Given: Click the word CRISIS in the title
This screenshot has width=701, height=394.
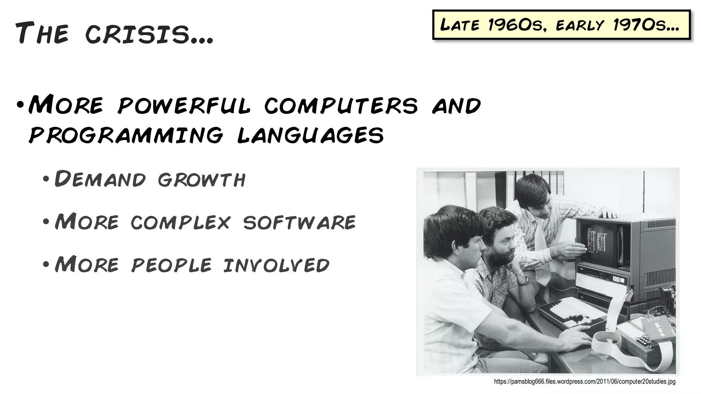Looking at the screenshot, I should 149,34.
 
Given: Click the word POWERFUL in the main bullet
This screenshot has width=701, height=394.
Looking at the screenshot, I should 184,105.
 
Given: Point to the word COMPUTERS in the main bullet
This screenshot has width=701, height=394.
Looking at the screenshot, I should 341,105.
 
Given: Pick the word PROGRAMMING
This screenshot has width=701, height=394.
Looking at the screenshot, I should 126,135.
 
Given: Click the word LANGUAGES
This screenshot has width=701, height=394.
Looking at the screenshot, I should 310,135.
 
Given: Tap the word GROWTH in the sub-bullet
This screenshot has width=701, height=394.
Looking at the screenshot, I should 201,179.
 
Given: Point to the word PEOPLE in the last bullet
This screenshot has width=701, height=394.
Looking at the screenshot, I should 171,265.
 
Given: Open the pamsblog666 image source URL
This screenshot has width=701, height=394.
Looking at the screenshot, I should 585,382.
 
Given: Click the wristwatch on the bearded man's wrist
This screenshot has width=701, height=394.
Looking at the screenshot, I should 523,281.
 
